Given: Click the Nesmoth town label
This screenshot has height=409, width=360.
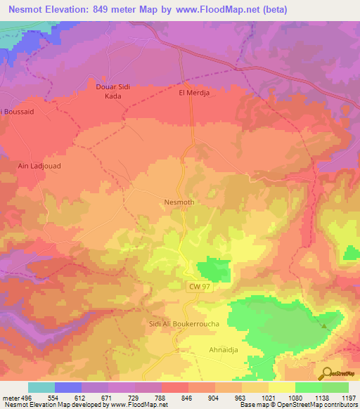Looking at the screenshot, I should (x=179, y=202).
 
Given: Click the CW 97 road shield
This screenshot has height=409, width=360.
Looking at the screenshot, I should (x=199, y=287).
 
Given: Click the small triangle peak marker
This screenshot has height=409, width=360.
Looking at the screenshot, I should (x=324, y=325).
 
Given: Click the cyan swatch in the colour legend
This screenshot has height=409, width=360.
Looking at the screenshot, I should (x=41, y=387).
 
